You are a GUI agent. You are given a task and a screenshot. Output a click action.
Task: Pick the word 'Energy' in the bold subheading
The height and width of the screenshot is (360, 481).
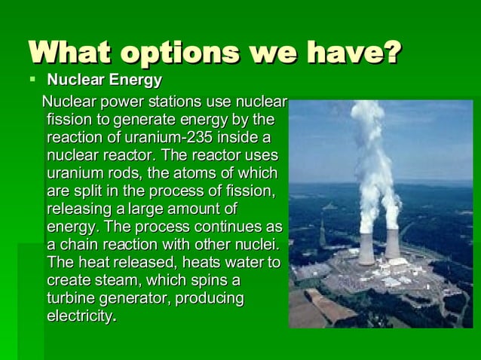pyautogui.click(x=136, y=80)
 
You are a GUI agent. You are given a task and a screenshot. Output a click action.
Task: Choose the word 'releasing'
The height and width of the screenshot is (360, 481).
pyautogui.click(x=76, y=209)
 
